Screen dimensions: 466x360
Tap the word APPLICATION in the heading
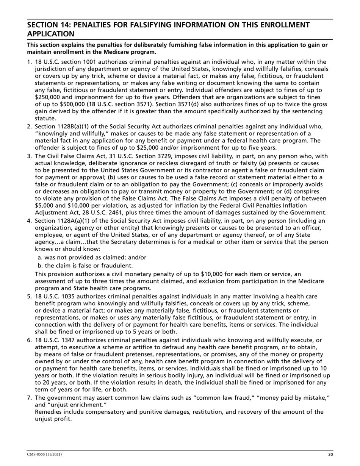[50, 34]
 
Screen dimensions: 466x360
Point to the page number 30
[330, 454]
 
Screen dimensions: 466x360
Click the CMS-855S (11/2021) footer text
[44, 454]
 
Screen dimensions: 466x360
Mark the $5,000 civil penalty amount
[47, 206]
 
